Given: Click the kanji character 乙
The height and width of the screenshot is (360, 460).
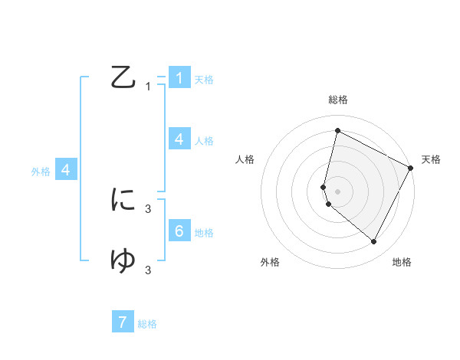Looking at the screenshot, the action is [123, 78].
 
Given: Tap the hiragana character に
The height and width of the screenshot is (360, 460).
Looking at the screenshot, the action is [123, 200].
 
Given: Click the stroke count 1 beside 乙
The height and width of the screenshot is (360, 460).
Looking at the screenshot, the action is [148, 87].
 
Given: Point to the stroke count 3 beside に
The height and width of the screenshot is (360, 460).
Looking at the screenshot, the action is [148, 208].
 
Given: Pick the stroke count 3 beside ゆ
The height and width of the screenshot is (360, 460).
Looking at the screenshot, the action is [148, 270].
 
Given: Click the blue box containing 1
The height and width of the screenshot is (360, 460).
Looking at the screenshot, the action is [179, 77].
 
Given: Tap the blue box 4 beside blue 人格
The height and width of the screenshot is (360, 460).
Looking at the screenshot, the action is [179, 139].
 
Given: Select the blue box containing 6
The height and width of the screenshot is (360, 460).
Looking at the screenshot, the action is [179, 231].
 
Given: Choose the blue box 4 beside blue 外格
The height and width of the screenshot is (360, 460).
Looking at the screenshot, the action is [66, 170].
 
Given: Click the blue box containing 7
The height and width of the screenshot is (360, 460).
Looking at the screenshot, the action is [123, 322].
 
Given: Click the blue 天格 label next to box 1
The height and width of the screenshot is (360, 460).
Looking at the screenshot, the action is [204, 79].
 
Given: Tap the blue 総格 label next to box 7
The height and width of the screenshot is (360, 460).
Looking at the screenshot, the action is [147, 324].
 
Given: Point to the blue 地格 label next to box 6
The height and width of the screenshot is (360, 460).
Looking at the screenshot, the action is [204, 232].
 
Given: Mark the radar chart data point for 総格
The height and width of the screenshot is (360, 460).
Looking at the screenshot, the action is [337, 131].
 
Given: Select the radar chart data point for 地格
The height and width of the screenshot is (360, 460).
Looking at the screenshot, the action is [374, 241].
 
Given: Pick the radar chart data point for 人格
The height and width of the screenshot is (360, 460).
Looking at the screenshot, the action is [324, 186].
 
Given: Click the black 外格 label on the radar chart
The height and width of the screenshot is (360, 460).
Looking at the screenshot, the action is [270, 263].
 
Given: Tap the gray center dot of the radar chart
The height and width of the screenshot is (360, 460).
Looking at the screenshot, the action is [337, 191].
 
